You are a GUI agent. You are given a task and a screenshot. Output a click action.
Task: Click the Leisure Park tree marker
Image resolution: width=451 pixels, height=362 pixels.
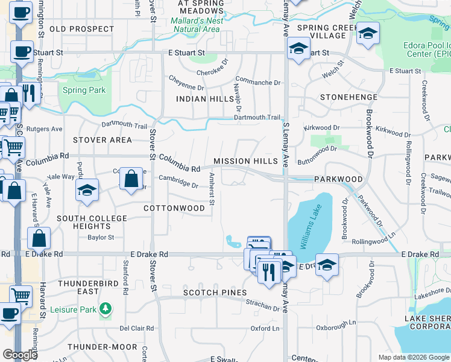coord(106,308)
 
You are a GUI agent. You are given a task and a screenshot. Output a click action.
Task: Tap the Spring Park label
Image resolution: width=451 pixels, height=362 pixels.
coord(84,91)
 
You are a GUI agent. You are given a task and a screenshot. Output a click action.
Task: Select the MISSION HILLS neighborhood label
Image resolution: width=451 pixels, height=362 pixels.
coord(245,161)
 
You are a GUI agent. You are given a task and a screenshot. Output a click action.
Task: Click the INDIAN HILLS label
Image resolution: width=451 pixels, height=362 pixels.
coord(204,98)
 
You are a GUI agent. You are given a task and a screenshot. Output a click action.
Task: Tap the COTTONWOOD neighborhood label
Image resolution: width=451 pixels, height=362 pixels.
coord(174,208)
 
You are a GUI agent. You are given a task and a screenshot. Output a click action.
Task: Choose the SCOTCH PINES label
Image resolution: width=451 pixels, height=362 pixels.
coord(215,293)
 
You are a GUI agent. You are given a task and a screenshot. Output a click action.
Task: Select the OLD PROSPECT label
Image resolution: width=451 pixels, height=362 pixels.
coord(82,29)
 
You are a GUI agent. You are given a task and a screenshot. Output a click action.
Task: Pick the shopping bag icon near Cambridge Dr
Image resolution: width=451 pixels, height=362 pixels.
coord(131,179)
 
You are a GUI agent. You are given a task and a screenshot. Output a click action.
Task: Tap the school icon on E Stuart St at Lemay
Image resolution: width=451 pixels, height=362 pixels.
coord(297,49)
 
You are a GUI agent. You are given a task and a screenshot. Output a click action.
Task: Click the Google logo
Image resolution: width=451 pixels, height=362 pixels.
coord(20,355)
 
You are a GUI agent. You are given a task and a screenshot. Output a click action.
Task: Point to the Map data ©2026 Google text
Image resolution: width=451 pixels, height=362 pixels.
coord(414,357)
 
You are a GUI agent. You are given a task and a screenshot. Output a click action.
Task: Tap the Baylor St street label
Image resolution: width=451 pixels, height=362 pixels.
coord(101,238)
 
